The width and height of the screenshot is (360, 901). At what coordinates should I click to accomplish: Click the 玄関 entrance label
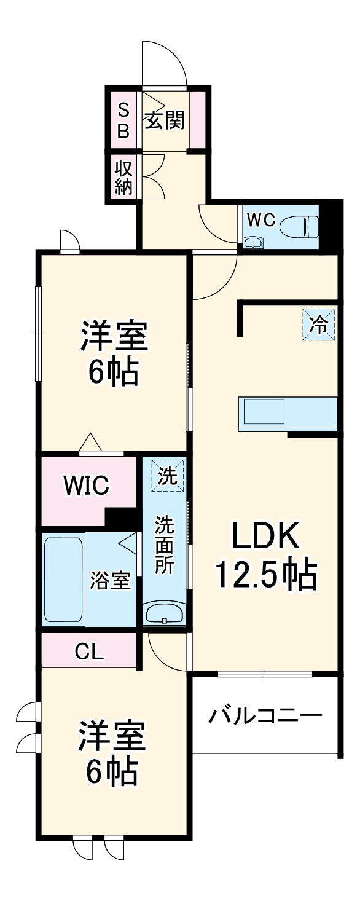pos(164,120)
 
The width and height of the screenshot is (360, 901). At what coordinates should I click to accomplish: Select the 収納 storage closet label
pos(123,176)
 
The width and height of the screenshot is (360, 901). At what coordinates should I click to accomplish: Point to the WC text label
pos(260,221)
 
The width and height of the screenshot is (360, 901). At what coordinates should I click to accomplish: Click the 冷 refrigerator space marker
pos(319,323)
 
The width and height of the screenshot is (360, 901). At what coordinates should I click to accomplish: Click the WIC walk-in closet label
pos(87,486)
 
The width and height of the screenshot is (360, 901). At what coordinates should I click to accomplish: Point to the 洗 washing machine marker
pos(167,476)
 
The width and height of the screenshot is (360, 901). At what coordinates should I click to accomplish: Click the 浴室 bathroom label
pos(111,580)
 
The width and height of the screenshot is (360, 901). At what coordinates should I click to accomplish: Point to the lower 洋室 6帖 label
pos(111,753)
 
